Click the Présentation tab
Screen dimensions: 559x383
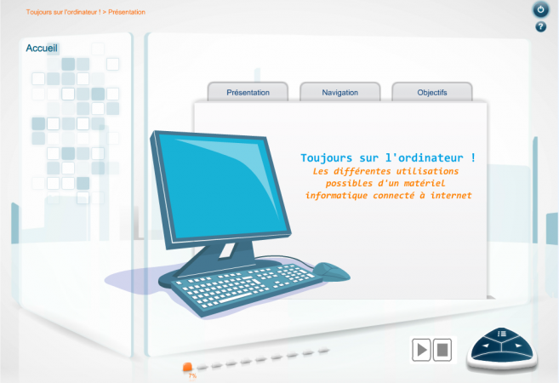[248, 92]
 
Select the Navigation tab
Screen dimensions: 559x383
[339, 92]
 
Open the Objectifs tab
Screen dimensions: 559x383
[432, 92]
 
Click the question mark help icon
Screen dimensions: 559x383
[540, 26]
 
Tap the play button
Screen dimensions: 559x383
[421, 350]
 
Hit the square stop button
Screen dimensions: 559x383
[442, 350]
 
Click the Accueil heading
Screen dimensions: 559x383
[42, 48]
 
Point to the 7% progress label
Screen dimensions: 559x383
[192, 375]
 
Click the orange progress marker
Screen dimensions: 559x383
[187, 367]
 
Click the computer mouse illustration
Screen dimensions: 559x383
[331, 272]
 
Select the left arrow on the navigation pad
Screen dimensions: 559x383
[485, 346]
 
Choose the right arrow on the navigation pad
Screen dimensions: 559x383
[518, 346]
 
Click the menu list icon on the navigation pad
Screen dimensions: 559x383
[502, 334]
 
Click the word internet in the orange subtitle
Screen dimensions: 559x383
[451, 195]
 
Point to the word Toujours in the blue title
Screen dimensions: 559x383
[326, 158]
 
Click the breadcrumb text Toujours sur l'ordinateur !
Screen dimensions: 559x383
[63, 12]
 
